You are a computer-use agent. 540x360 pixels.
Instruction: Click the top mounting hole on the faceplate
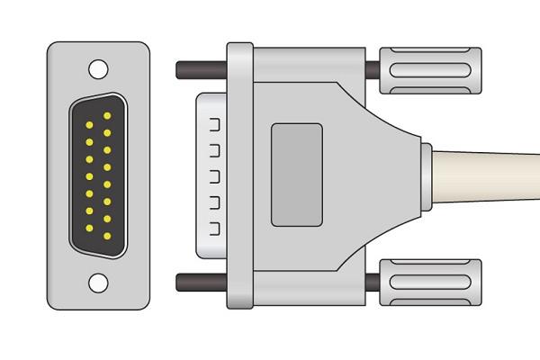pyautogui.click(x=98, y=67)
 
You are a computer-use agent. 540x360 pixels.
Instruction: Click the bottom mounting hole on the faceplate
pyautogui.click(x=98, y=283)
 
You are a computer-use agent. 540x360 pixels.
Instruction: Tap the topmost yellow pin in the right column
pyautogui.click(x=108, y=116)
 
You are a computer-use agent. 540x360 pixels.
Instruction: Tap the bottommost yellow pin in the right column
pyautogui.click(x=108, y=236)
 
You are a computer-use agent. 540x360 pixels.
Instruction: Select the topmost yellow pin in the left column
pyautogui.click(x=90, y=124)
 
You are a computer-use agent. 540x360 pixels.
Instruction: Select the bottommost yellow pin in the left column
pyautogui.click(x=90, y=227)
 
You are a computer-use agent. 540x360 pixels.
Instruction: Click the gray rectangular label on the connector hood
pyautogui.click(x=296, y=175)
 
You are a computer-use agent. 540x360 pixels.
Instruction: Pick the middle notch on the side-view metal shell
pyautogui.click(x=214, y=175)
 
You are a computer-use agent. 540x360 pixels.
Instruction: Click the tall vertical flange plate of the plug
pyautogui.click(x=238, y=175)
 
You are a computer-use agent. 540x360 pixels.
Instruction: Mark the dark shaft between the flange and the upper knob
pyautogui.click(x=373, y=70)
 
